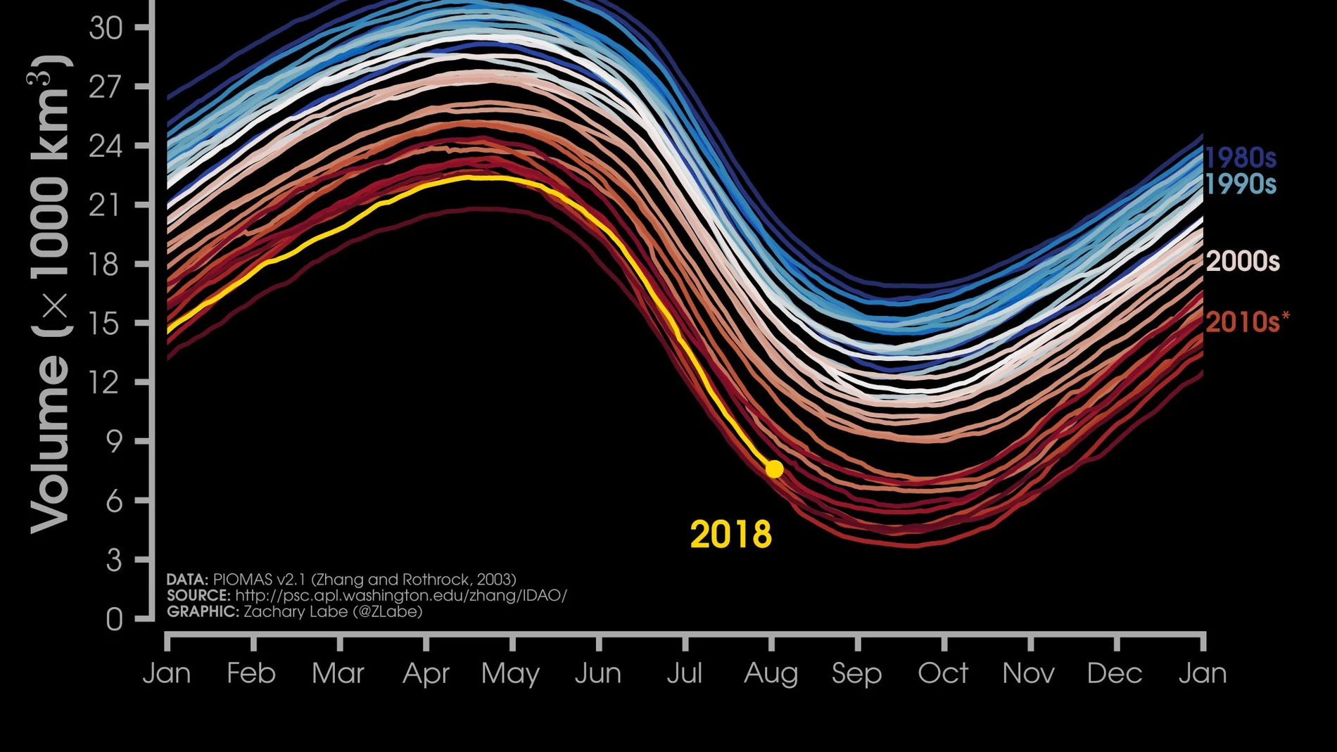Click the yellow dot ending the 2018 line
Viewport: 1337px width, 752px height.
[x=774, y=469]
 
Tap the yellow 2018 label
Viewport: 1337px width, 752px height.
[x=731, y=535]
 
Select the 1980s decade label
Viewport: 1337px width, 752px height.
[x=1241, y=158]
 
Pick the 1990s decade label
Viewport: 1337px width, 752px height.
[x=1241, y=184]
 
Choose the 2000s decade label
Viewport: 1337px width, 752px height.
[x=1243, y=261]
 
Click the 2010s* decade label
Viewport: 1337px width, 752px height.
[x=1248, y=321]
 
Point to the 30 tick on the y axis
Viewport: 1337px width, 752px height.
[x=106, y=27]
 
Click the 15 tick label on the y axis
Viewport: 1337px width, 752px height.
[x=106, y=324]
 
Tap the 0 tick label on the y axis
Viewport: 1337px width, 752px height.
[x=114, y=620]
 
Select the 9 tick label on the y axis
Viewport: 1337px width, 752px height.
[x=114, y=442]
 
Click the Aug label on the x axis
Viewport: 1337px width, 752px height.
[x=771, y=674]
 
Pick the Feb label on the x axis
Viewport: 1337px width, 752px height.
[x=251, y=673]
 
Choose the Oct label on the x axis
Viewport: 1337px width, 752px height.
[x=943, y=673]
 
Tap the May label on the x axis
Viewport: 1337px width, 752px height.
[x=510, y=674]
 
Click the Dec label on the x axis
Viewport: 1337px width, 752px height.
[x=1115, y=673]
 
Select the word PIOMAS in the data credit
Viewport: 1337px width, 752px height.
[x=243, y=579]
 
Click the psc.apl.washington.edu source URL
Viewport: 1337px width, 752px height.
[x=401, y=595]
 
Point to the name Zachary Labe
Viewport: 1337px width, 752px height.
[x=296, y=611]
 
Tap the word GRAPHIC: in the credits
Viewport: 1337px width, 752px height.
[x=203, y=611]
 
